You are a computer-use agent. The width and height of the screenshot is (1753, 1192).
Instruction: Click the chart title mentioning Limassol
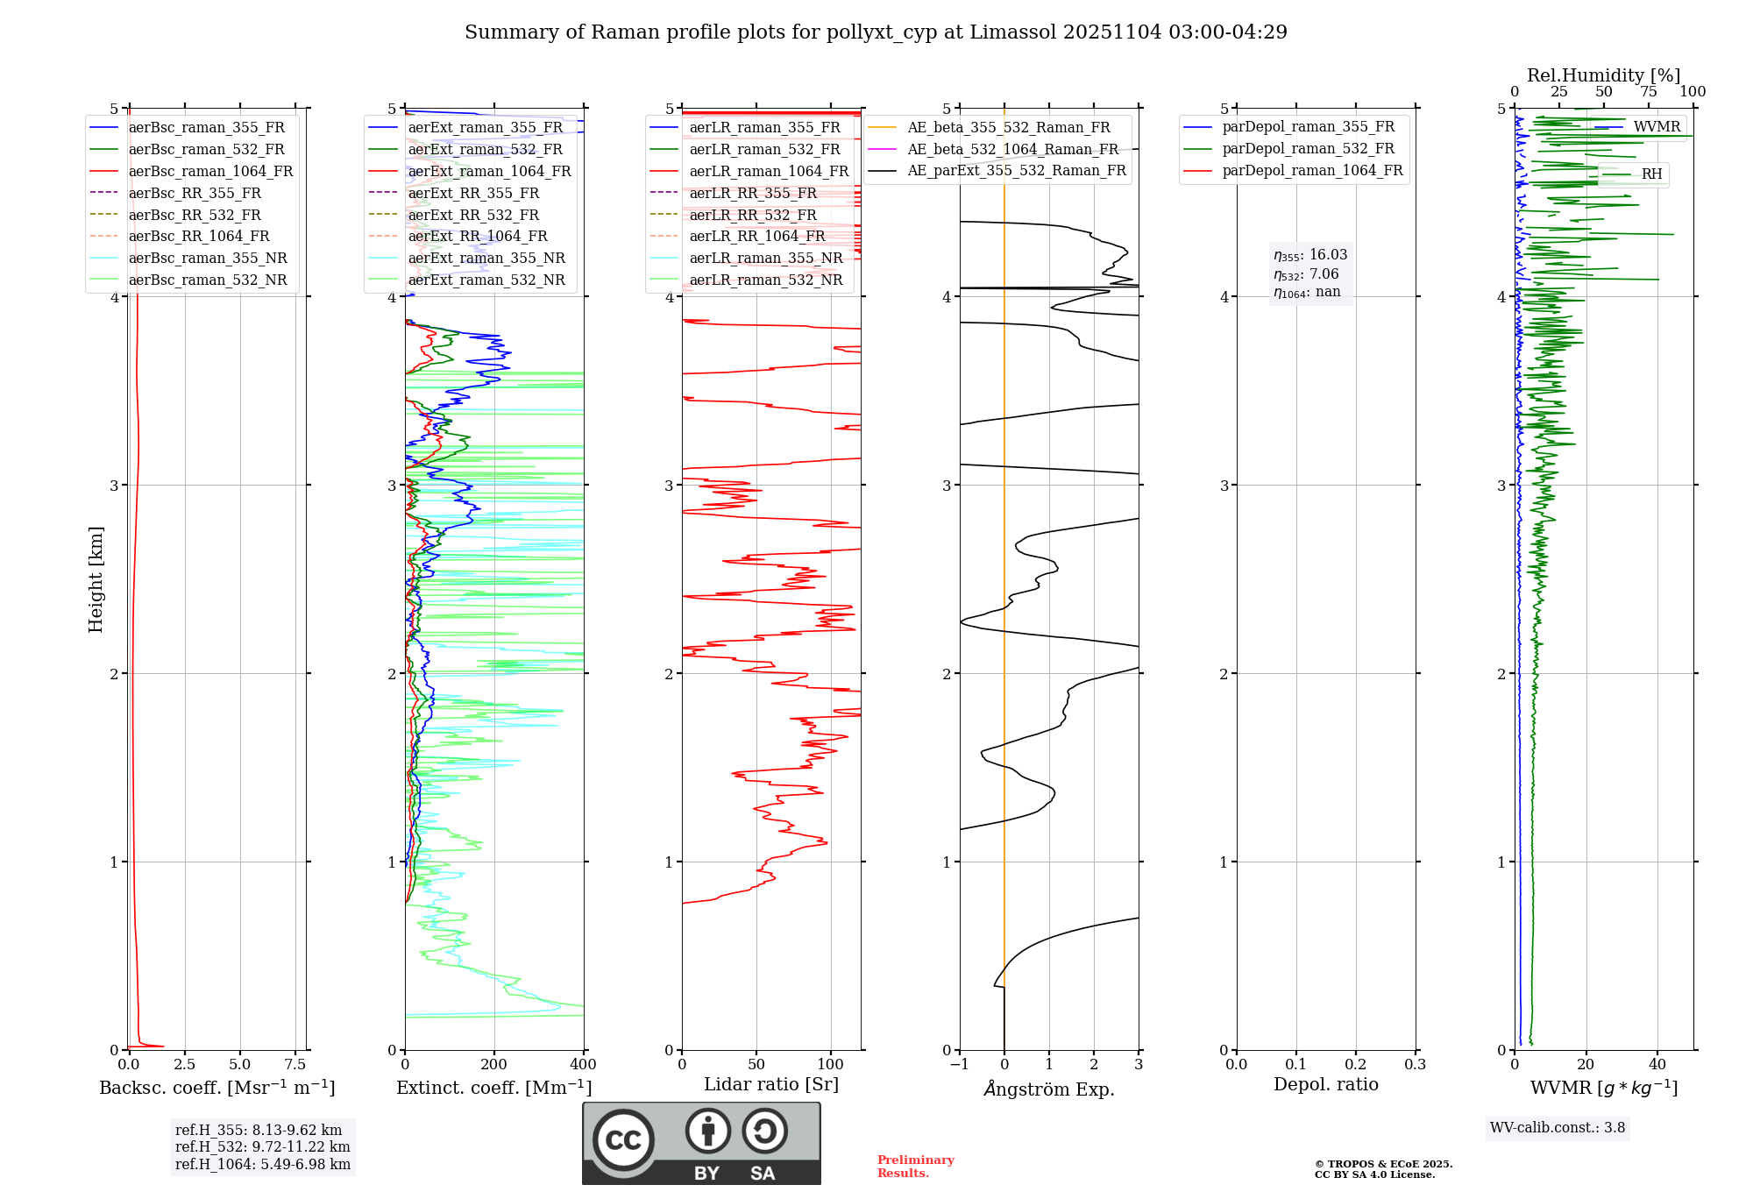[876, 32]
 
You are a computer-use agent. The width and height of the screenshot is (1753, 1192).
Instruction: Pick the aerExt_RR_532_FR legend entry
[473, 215]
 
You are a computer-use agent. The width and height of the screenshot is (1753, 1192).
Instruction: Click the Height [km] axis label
[96, 579]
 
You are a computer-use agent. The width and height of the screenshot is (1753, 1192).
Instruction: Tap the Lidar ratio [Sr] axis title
[771, 1084]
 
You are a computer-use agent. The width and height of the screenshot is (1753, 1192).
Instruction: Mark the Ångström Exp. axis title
[1049, 1089]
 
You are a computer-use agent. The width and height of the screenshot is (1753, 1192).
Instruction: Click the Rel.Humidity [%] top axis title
[1603, 75]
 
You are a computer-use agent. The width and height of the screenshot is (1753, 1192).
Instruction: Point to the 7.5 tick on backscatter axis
[295, 1065]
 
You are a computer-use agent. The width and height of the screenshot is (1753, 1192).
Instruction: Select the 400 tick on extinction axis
[583, 1065]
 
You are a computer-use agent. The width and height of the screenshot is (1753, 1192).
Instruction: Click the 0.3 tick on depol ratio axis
[1415, 1065]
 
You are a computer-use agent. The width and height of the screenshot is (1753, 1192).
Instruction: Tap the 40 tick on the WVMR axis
[1657, 1065]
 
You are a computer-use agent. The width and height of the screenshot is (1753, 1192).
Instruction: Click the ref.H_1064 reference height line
[262, 1164]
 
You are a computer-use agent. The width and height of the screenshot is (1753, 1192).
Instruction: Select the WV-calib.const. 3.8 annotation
[1558, 1128]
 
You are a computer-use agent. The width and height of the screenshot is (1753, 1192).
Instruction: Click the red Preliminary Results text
[915, 1167]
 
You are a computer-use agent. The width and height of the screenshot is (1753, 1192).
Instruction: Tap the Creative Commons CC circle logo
[623, 1139]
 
